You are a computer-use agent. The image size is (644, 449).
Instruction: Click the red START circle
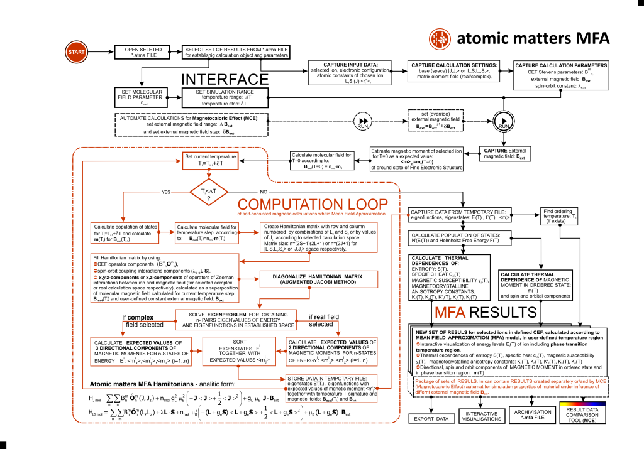pyautogui.click(x=74, y=51)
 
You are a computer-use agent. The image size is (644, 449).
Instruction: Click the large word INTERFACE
pyautogui.click(x=225, y=80)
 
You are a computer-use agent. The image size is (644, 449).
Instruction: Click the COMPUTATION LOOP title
pyautogui.click(x=313, y=204)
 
